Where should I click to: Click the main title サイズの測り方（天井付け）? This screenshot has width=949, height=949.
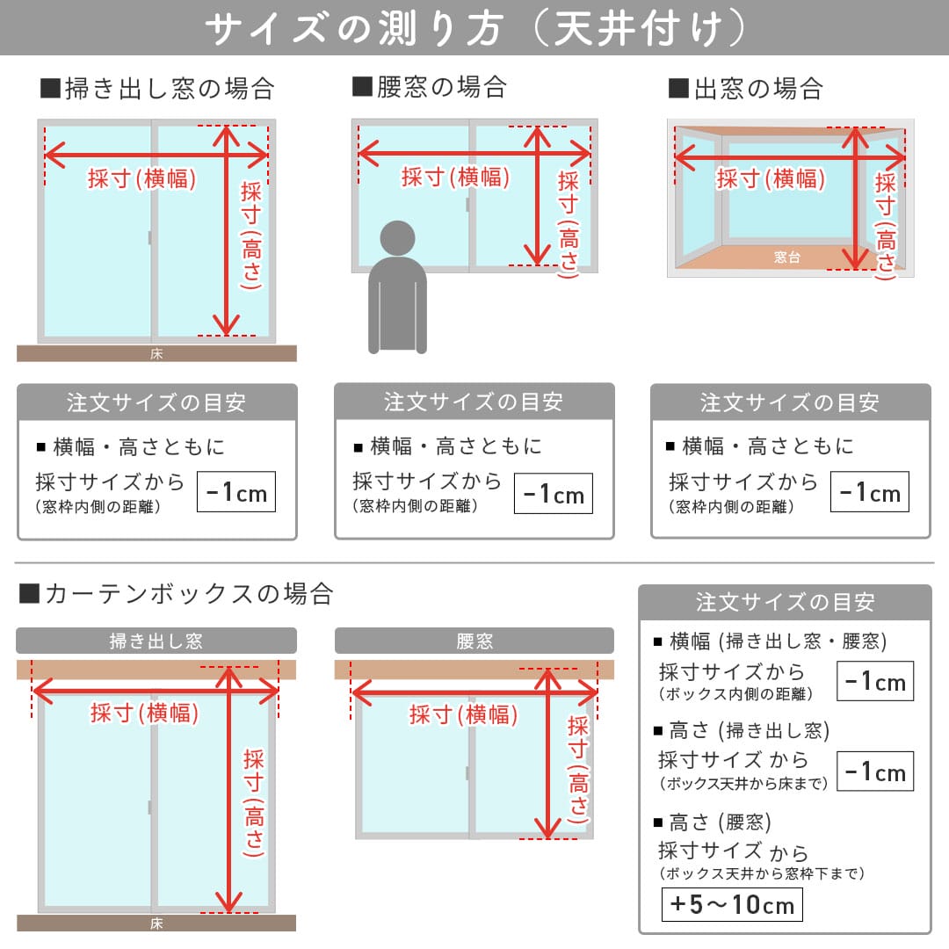(x=474, y=28)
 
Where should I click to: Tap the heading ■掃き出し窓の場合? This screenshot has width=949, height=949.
(x=158, y=89)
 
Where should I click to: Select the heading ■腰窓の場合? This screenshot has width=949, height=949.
(x=430, y=87)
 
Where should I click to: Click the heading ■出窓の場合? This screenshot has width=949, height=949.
(x=745, y=89)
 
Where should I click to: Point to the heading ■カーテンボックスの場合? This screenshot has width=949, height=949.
(x=177, y=594)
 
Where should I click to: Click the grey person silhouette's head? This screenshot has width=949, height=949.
(x=397, y=238)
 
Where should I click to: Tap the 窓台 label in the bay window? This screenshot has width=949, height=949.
(x=786, y=257)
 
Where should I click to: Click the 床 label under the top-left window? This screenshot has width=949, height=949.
(x=156, y=354)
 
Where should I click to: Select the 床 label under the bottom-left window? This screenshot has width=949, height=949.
(x=156, y=924)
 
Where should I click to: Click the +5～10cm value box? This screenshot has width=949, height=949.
(x=731, y=904)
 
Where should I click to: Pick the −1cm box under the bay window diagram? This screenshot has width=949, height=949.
(x=869, y=492)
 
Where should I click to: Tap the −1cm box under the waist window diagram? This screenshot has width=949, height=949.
(x=553, y=494)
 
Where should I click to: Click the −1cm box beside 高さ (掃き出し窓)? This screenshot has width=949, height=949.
(x=874, y=772)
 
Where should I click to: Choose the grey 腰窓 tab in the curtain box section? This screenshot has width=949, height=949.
(x=474, y=641)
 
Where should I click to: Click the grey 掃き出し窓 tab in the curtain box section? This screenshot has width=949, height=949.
(x=156, y=641)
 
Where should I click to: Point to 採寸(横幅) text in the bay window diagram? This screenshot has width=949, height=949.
(x=771, y=178)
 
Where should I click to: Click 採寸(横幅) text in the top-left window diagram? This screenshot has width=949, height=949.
(x=141, y=178)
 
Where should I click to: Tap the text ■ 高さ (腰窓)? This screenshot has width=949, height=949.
(x=713, y=822)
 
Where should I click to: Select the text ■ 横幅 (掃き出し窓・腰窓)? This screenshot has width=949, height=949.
(x=770, y=641)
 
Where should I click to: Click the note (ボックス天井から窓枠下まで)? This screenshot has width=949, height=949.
(x=762, y=874)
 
